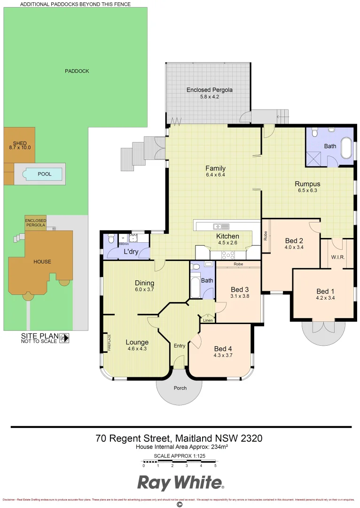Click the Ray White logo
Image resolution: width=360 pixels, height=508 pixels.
click(x=180, y=483)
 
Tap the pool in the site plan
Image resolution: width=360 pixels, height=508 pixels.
click(x=45, y=174)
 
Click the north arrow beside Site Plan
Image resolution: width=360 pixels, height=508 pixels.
click(x=64, y=337)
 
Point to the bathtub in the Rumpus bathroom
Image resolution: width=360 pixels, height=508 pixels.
click(x=346, y=148)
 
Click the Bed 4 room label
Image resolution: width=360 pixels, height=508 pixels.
click(x=223, y=349)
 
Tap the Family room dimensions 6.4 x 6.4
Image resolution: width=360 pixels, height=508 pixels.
click(x=215, y=175)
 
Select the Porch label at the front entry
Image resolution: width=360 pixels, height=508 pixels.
click(x=180, y=388)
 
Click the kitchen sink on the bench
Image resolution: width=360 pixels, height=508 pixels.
click(x=221, y=226)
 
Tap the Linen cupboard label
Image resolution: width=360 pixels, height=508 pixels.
click(x=207, y=321)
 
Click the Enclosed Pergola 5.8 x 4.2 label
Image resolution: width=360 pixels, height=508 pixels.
click(x=210, y=93)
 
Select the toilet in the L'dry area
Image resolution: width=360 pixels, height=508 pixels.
click(x=111, y=238)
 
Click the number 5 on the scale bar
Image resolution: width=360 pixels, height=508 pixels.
click(x=215, y=466)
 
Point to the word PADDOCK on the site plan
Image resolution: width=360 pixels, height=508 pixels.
click(x=77, y=71)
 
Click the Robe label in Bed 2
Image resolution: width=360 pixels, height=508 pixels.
click(x=266, y=235)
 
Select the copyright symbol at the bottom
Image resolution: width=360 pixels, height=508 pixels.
click(x=179, y=504)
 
